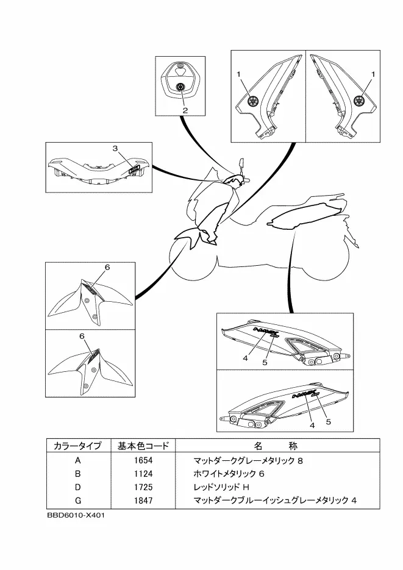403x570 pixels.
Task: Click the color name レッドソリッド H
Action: click(x=222, y=487)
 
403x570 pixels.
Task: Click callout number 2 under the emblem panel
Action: click(x=184, y=110)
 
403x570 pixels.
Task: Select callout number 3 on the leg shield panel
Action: click(x=115, y=148)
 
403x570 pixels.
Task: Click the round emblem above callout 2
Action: click(x=181, y=87)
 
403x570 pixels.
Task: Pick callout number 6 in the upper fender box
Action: click(x=107, y=267)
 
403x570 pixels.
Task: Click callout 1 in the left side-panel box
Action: click(x=240, y=74)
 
